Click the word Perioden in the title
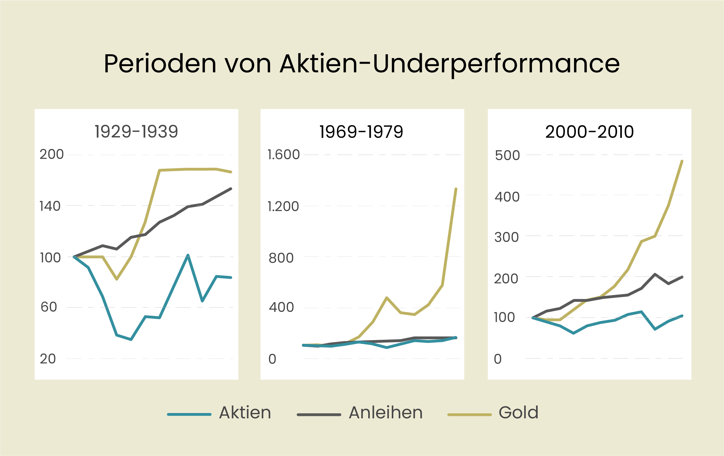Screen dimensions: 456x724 coord(160,64)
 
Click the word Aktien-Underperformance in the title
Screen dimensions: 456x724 coord(449,64)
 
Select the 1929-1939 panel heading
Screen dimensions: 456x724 coord(136,132)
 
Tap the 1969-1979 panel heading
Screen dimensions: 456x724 coord(361,132)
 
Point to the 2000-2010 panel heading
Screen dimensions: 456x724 coord(589,132)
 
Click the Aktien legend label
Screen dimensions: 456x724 coord(245,412)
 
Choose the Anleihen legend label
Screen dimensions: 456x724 coord(386,412)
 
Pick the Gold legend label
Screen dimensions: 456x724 coord(519,412)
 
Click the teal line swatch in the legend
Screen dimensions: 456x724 coord(189,414)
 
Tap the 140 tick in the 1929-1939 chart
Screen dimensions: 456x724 coord(50,206)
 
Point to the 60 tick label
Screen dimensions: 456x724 coord(49,307)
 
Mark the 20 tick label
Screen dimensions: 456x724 coord(48,359)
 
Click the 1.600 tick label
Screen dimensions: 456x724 coord(283,155)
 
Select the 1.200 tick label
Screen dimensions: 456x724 coord(283,206)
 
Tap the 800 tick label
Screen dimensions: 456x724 coord(281,258)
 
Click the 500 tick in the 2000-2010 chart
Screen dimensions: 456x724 coord(507,155)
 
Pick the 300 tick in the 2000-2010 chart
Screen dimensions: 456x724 coord(507,237)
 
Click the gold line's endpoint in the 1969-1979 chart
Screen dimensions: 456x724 coord(456,189)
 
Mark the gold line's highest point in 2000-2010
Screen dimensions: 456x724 coord(682,161)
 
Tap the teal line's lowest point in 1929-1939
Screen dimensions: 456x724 coord(131,340)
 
